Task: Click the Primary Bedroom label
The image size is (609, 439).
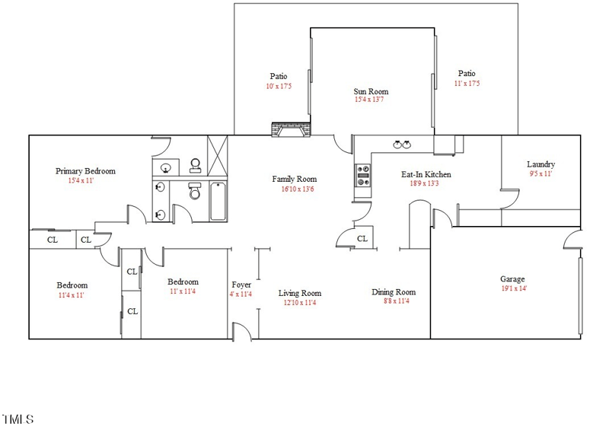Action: (x=85, y=171)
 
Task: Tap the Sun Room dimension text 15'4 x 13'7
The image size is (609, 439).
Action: (x=371, y=99)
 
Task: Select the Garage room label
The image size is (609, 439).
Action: (x=512, y=279)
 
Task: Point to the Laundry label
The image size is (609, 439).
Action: (x=540, y=164)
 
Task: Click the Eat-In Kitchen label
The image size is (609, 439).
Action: (x=426, y=174)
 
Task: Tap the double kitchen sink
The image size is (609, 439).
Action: (x=402, y=144)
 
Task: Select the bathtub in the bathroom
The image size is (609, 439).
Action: (x=218, y=201)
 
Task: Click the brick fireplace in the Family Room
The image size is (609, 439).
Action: (x=292, y=131)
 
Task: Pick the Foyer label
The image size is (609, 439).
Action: (x=241, y=285)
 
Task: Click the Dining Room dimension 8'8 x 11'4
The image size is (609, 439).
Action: (x=394, y=301)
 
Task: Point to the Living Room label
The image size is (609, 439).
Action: (x=299, y=293)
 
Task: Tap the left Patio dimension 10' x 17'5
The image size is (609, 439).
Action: (x=279, y=86)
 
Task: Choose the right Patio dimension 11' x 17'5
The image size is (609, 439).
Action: (x=467, y=83)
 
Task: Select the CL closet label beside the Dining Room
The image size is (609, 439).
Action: (x=362, y=239)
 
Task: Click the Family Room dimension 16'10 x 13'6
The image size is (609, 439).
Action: (x=295, y=189)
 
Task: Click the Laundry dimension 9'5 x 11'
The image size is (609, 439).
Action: (x=540, y=173)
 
